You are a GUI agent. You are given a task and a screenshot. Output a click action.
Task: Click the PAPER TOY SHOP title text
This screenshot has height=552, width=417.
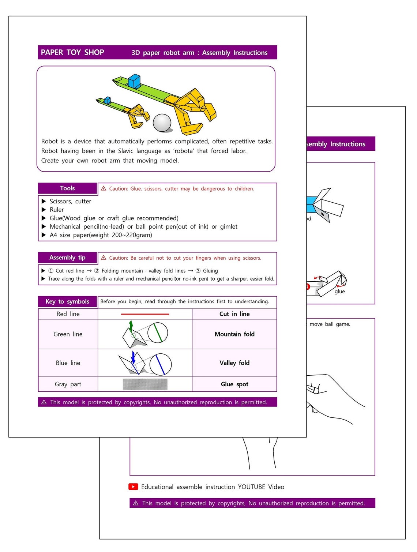pos(72,52)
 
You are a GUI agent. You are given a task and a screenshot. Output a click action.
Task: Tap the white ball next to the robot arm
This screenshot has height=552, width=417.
pos(162,123)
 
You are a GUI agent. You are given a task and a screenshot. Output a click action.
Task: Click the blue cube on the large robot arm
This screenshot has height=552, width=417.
pos(134,81)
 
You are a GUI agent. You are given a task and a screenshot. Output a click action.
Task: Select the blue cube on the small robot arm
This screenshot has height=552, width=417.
pos(107,100)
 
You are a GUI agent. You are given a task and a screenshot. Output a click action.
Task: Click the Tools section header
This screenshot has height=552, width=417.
pos(67,188)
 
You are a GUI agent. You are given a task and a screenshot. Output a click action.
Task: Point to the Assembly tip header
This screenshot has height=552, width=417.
pos(67,258)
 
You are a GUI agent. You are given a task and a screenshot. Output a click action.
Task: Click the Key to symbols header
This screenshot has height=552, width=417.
pos(67,301)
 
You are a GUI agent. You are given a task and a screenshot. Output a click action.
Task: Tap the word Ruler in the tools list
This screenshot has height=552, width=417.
pos(57,210)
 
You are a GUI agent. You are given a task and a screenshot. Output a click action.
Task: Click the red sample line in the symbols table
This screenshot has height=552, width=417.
pos(145,314)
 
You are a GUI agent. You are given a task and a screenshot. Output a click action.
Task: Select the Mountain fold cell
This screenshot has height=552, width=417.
pos(234,334)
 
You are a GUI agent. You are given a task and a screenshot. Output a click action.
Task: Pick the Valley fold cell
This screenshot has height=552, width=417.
pos(234,363)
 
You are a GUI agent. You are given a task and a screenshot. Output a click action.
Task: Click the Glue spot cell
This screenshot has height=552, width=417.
pos(234,384)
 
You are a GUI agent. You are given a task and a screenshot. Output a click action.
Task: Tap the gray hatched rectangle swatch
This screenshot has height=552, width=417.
pos(145,384)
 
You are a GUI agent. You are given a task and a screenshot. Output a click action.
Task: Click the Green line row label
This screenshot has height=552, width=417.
pos(68,334)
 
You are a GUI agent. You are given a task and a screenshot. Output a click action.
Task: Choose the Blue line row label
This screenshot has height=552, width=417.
pos(68,363)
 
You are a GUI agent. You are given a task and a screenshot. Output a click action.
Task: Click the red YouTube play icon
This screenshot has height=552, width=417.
pos(133,487)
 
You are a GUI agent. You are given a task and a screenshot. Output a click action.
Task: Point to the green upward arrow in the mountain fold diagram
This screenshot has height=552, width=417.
pos(131,326)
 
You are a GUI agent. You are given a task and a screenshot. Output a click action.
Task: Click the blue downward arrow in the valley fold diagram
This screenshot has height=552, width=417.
pos(133,357)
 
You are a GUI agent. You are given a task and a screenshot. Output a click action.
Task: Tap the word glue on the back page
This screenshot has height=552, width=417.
pos(339,292)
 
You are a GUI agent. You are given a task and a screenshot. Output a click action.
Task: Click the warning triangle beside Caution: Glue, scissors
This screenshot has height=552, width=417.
pos(104,188)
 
